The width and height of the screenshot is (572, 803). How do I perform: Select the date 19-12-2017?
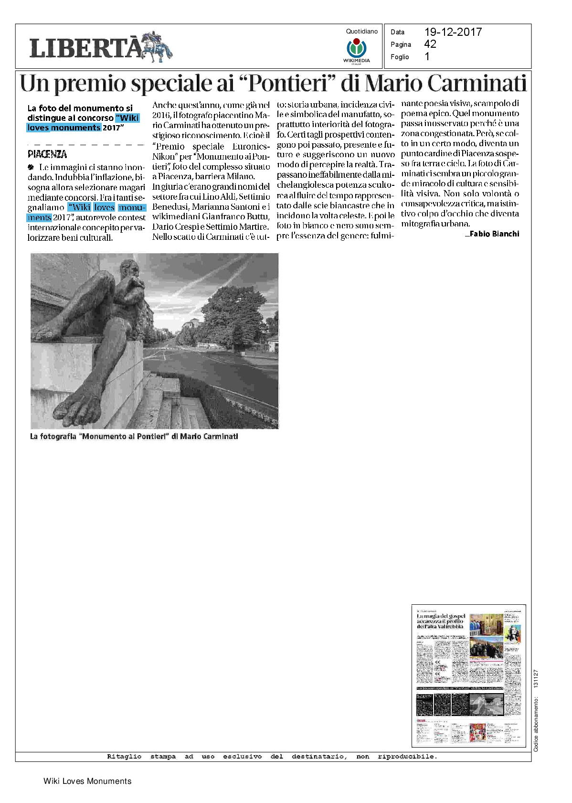coord(453,32)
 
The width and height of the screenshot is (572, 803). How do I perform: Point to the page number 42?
coord(430,44)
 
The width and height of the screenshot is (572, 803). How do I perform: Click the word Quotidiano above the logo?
coord(361,32)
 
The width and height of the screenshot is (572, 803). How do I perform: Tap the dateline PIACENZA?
coord(47,154)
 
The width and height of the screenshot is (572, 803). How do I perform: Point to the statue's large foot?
coord(79,404)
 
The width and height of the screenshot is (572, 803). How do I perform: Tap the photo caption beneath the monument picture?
coord(134,436)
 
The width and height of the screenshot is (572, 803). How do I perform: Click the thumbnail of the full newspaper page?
coord(468,675)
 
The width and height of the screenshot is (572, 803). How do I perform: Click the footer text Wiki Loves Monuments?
coord(87,781)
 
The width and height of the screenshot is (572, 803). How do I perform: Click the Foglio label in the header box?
coord(400,57)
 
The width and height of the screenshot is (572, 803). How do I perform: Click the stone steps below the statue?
coord(177,406)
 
